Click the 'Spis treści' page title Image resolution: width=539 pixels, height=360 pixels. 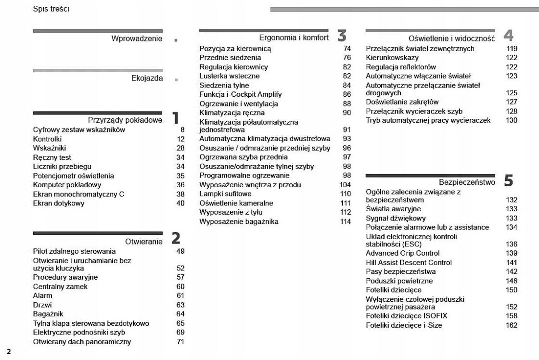[51, 9]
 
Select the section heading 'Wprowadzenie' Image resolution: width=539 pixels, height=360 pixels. [137, 39]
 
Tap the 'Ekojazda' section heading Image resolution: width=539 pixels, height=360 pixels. [147, 78]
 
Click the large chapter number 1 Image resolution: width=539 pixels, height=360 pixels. [176, 117]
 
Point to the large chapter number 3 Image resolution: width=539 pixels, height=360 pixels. [342, 35]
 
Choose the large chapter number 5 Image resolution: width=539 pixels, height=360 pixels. [509, 181]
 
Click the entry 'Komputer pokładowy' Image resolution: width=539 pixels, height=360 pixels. [67, 185]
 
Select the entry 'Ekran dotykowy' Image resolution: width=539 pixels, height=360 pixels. [59, 203]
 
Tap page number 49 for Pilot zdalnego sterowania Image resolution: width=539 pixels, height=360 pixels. [180, 251]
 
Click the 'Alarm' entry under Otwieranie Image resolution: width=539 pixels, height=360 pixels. [42, 296]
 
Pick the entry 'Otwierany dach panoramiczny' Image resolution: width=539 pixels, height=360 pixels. [82, 342]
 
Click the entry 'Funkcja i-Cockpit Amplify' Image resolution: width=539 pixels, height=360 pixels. [241, 94]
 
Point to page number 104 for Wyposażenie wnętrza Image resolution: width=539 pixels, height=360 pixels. [345, 185]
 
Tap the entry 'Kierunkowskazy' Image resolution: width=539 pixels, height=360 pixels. [392, 58]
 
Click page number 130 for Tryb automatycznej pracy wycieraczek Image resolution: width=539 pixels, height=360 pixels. [512, 120]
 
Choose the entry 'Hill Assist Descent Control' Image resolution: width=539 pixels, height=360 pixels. [409, 262]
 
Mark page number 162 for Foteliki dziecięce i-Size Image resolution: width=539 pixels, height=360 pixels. [512, 325]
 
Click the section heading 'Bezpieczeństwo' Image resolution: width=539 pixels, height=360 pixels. [467, 182]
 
